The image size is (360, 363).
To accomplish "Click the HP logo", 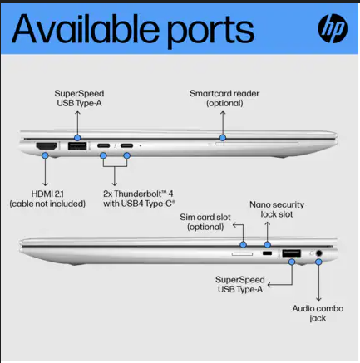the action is tap(333, 28).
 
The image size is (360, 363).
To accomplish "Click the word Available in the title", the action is tap(85, 29).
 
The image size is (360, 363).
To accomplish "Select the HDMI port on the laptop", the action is tap(47, 145).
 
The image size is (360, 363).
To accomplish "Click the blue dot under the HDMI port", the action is tap(45, 155).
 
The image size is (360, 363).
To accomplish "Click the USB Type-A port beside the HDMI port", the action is tap(77, 145).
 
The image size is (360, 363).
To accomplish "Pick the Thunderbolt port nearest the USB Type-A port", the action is tap(103, 145).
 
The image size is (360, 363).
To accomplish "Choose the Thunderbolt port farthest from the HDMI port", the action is tap(126, 145).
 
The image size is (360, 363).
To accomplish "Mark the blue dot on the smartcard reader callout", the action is tap(223, 137).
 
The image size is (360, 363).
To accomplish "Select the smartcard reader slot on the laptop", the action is tap(257, 144).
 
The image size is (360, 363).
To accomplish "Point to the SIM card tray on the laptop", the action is tap(242, 254).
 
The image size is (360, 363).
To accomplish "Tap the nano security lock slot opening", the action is tap(267, 253).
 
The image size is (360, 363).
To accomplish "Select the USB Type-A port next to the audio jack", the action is tap(292, 253).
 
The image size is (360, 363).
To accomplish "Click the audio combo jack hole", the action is tap(319, 253).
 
